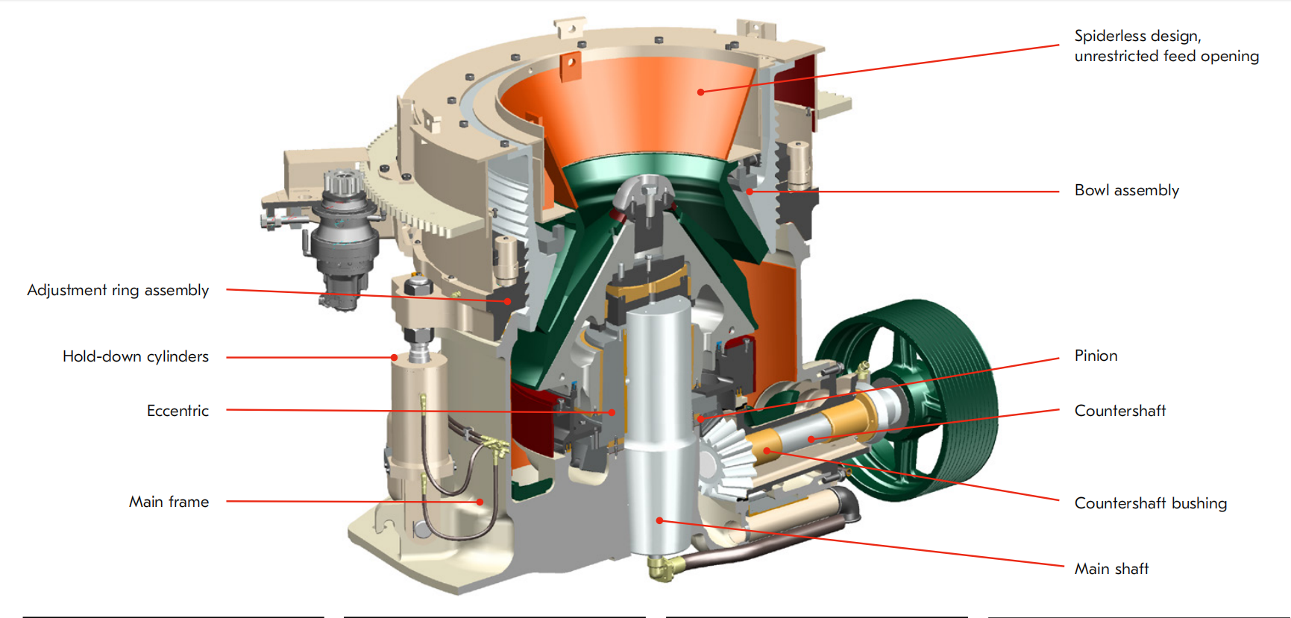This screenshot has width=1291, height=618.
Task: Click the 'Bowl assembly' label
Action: coord(1126,191)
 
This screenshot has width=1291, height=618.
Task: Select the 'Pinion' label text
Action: coord(1096,356)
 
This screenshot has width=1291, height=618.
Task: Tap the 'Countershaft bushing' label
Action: coord(1150,503)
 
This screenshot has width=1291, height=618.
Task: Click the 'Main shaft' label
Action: coord(1111,569)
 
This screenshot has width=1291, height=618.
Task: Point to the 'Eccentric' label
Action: coord(178,411)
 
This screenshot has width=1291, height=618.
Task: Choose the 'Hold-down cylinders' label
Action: coord(135,356)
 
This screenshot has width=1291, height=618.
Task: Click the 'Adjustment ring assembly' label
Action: coord(118,290)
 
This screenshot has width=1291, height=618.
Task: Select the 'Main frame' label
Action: coord(169,502)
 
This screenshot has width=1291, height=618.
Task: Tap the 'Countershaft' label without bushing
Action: coord(1119,411)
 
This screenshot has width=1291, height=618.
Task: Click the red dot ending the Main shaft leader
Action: coord(659,520)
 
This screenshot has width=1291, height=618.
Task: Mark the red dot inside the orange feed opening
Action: coord(700,92)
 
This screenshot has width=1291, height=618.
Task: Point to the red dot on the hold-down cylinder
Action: coord(395,358)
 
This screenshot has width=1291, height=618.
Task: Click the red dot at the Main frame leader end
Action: coord(480,502)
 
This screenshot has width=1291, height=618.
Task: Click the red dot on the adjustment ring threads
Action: coord(507,301)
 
